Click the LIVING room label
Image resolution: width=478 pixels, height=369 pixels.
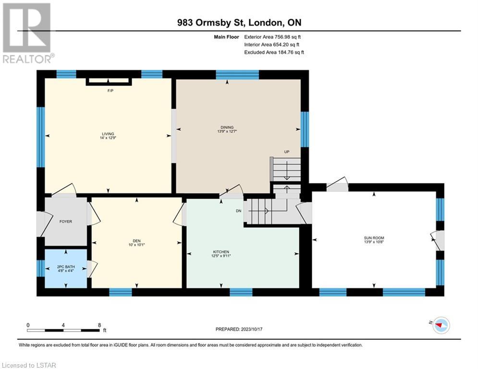(x=108, y=134)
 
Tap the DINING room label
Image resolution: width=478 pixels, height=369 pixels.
(x=227, y=127)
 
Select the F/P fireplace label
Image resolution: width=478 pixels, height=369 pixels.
(x=110, y=91)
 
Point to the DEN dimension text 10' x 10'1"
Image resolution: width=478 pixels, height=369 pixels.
(x=136, y=245)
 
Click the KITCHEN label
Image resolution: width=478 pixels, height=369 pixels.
(x=221, y=252)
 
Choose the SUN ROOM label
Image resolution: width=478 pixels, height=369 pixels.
(x=374, y=238)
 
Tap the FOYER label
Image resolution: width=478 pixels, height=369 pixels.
(x=66, y=221)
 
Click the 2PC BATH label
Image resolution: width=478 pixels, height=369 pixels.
(x=66, y=267)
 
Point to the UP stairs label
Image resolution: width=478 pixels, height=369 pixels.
(x=286, y=151)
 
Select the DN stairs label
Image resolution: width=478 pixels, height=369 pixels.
(x=238, y=211)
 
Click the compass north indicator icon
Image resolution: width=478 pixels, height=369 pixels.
(x=441, y=325)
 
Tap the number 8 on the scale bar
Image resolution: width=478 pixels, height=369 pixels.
(x=99, y=325)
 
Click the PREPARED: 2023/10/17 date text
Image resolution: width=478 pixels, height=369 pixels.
(x=239, y=329)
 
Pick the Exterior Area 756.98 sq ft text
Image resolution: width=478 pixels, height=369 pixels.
(x=272, y=37)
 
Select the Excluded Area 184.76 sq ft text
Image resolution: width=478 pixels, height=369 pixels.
(x=274, y=52)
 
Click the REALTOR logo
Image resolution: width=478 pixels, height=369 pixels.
(x=27, y=33)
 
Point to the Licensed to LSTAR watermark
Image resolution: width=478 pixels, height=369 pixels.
(x=29, y=365)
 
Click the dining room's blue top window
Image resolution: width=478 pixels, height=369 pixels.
(x=237, y=75)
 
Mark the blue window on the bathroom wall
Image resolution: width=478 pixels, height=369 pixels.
(x=41, y=268)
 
